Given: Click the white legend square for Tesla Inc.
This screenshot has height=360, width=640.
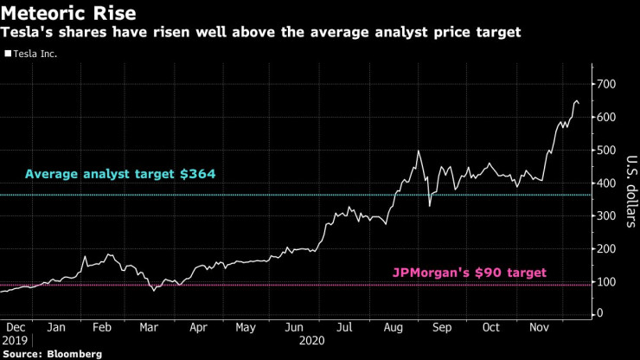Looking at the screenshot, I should pyautogui.click(x=8, y=54).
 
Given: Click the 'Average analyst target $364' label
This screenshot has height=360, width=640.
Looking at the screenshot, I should pyautogui.click(x=119, y=174).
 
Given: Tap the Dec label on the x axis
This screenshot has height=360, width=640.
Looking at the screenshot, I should pyautogui.click(x=15, y=328).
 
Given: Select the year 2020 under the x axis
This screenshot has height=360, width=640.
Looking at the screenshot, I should pyautogui.click(x=311, y=341).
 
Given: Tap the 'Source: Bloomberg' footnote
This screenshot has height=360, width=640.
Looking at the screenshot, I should pyautogui.click(x=52, y=354).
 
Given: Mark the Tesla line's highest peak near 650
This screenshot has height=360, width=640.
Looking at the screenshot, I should pyautogui.click(x=576, y=100).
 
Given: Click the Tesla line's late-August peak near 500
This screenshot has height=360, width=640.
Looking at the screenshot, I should pyautogui.click(x=419, y=151).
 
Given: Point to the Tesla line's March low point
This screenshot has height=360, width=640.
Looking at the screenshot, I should pyautogui.click(x=154, y=290).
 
